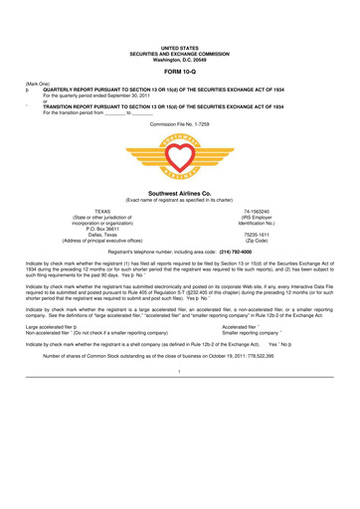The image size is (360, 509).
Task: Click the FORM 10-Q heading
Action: click(179, 73)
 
